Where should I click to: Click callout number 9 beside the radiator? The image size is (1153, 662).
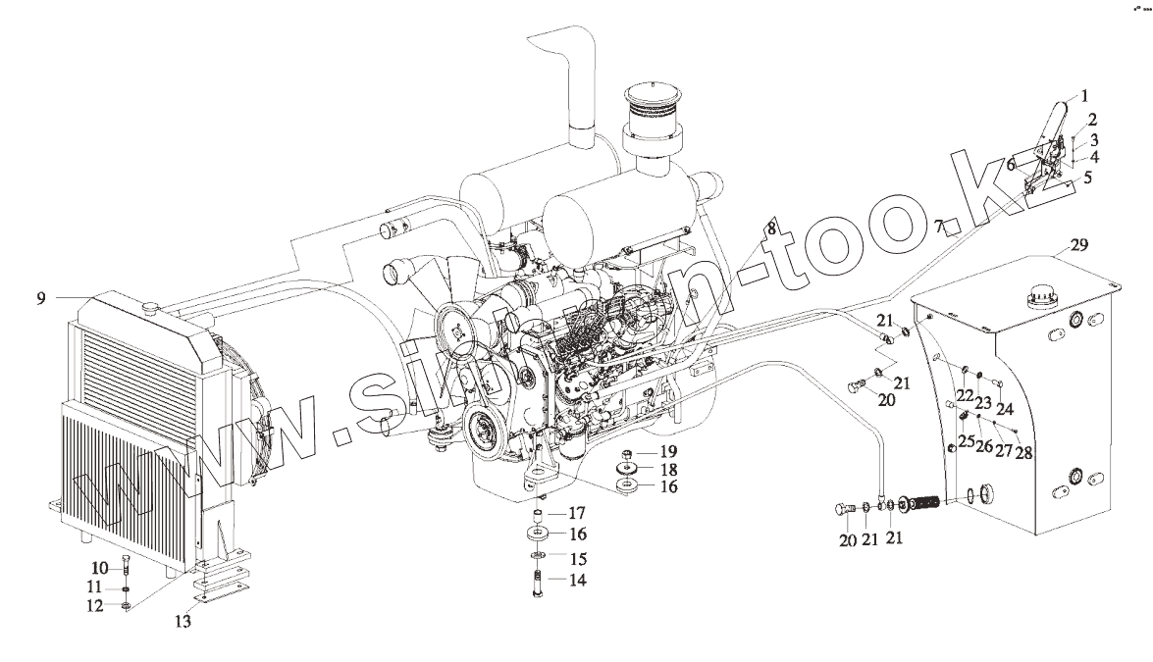click(41, 297)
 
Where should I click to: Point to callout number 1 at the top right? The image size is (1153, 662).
click(1086, 96)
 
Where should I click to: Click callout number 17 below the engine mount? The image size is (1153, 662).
click(578, 512)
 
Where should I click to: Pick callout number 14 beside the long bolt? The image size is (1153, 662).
click(578, 580)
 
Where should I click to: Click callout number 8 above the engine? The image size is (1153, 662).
click(771, 228)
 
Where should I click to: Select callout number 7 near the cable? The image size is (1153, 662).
click(939, 228)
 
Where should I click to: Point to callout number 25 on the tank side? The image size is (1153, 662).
click(966, 442)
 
